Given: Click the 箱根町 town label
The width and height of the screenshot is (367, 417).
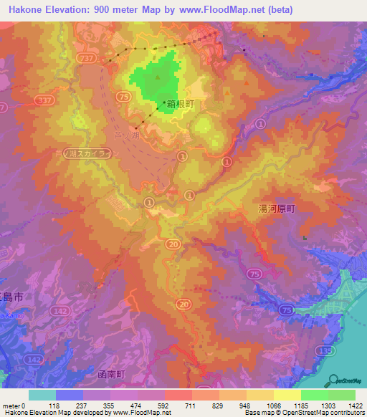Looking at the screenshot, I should click(181, 104).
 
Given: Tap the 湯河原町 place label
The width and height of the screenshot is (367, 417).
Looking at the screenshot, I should click(277, 208).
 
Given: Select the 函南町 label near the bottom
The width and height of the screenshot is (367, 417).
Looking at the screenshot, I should click(110, 375).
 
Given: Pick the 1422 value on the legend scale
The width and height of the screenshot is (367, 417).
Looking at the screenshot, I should click(355, 405).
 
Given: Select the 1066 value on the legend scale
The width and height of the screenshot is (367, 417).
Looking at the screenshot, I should click(273, 405).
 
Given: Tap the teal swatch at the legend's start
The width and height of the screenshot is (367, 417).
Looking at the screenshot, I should click(42, 395).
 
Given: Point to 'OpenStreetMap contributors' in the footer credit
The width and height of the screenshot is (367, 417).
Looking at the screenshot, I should click(328, 413).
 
